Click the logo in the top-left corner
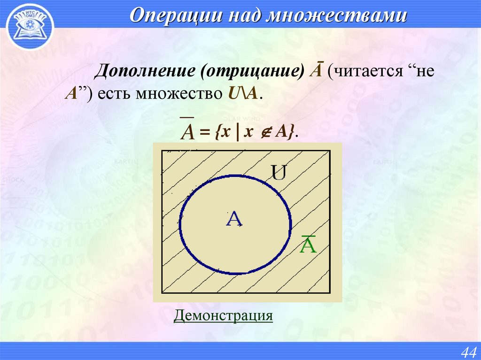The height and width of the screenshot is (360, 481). pos(29,26)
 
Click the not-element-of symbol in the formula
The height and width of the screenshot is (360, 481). pos(264,133)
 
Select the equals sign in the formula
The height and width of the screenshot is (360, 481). pos(203,133)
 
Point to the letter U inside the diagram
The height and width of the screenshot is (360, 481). pos(279,175)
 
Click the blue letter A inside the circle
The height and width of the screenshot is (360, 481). pos(234,219)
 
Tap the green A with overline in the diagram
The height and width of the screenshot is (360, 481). pos(308,244)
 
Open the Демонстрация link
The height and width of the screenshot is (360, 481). pos(223,315)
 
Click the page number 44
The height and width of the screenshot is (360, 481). pos(468,352)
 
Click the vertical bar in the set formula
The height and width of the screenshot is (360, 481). pos(239,133)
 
